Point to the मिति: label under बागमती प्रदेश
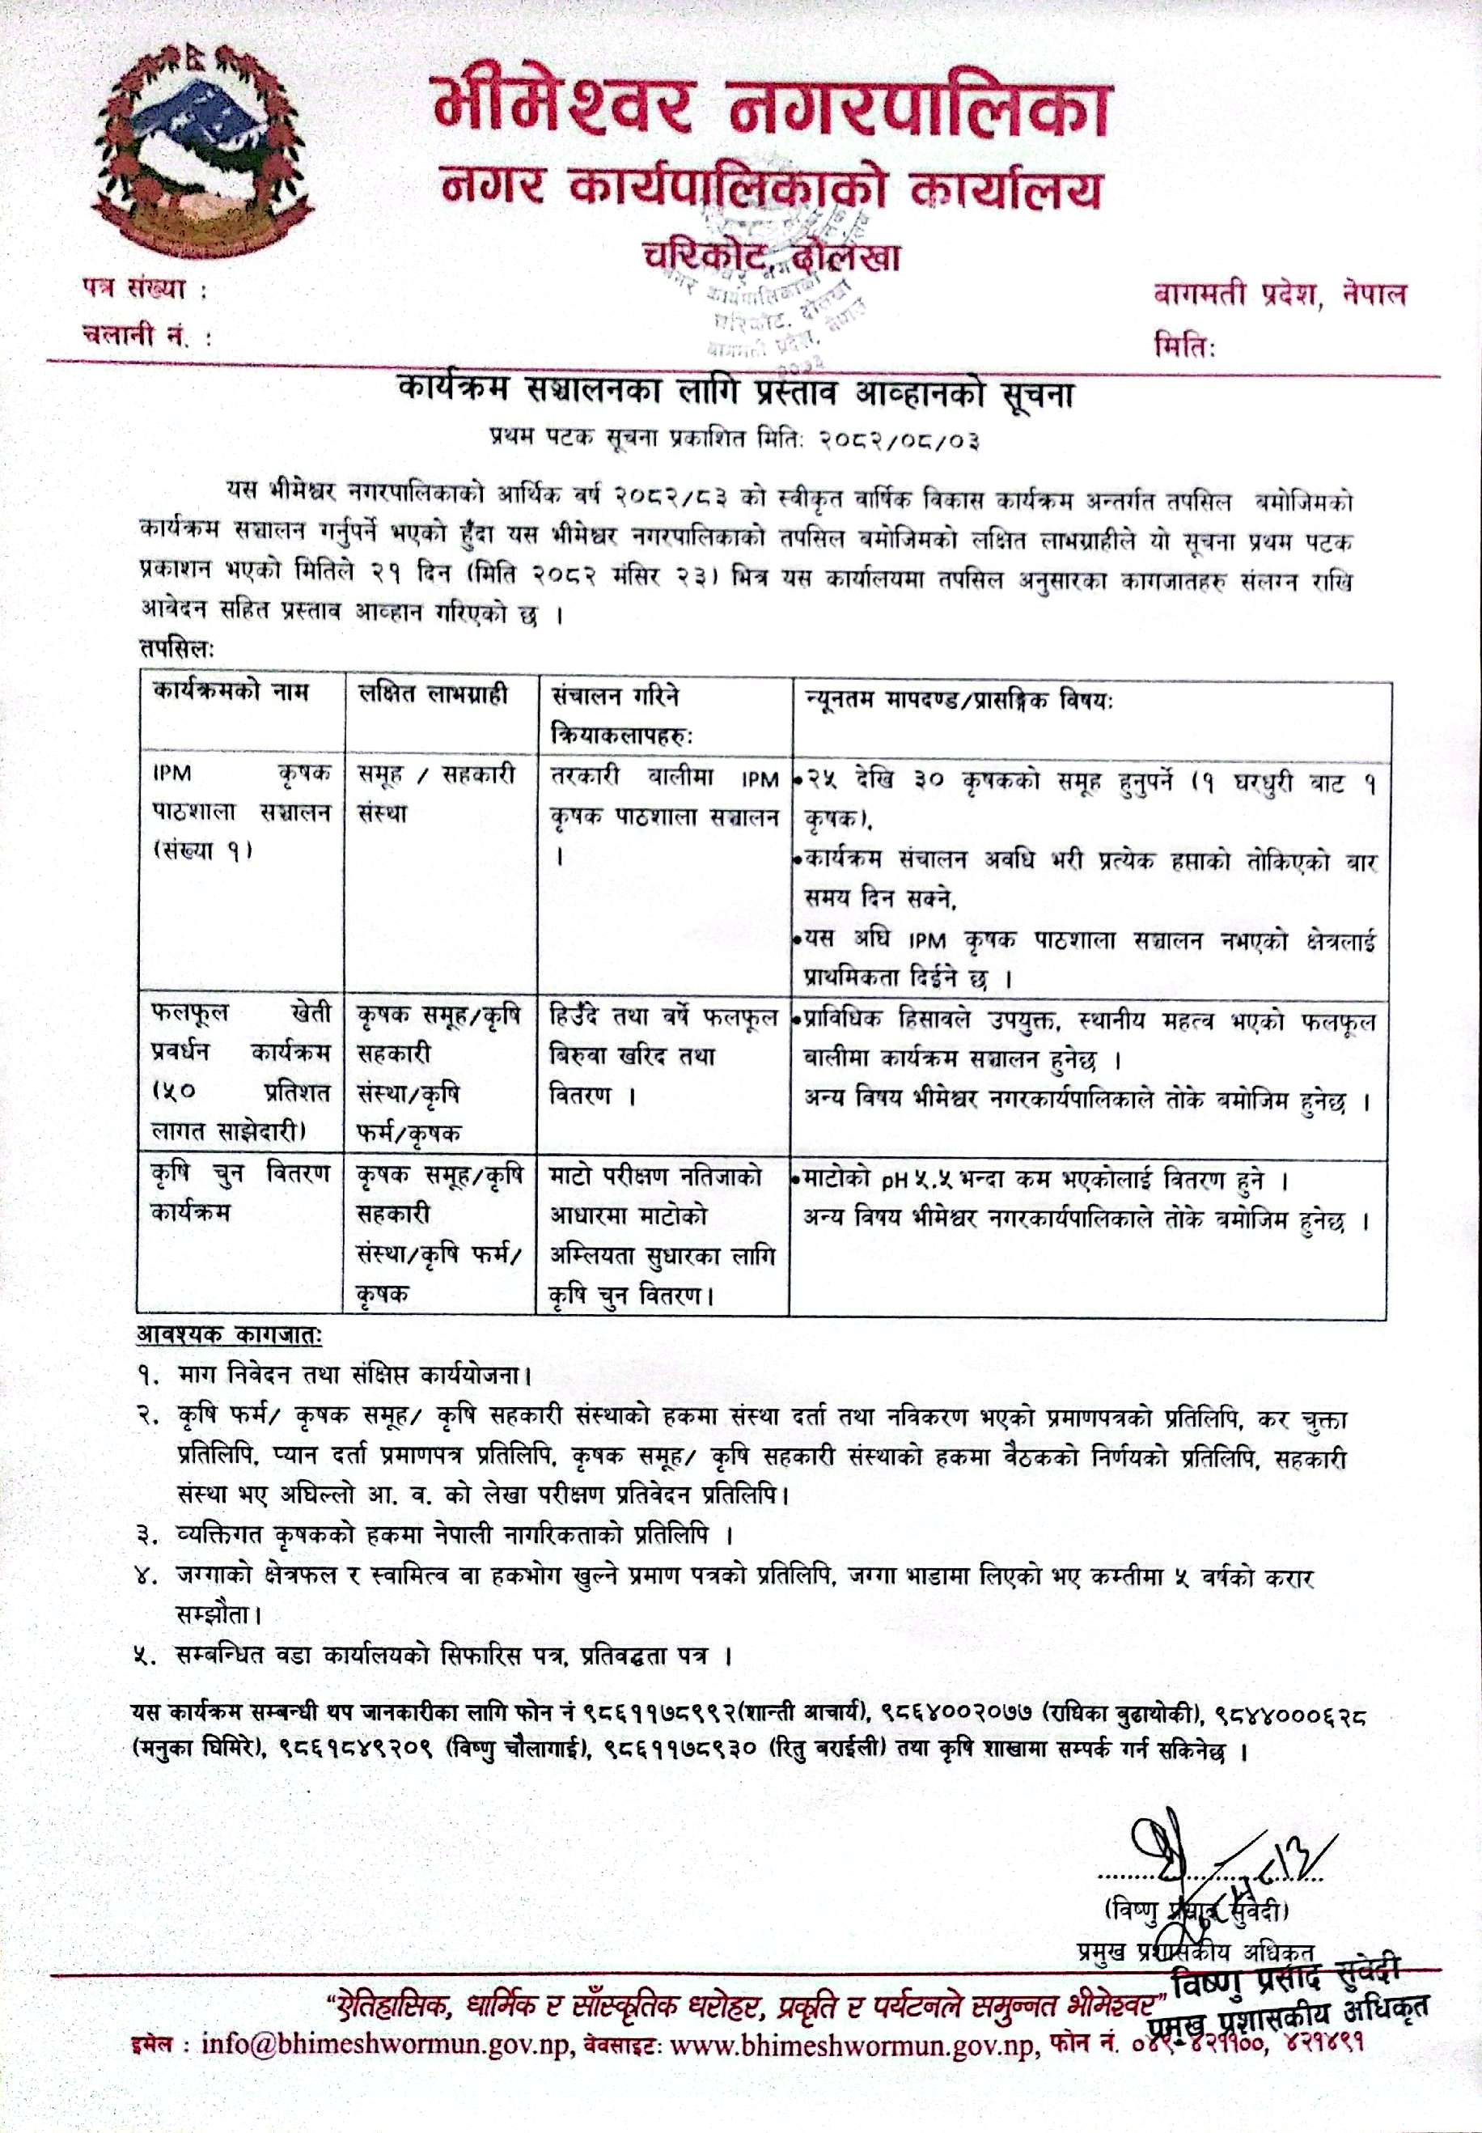(x=1185, y=346)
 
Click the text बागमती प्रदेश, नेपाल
(x=1280, y=296)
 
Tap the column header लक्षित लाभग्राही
(x=434, y=693)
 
